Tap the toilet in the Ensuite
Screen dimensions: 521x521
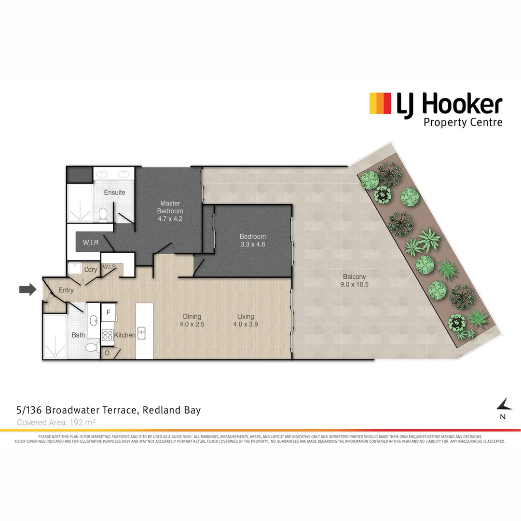pyautogui.click(x=103, y=214)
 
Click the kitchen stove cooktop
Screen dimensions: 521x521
pyautogui.click(x=108, y=335)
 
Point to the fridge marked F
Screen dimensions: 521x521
pyautogui.click(x=108, y=313)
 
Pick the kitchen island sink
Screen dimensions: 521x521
pyautogui.click(x=141, y=333)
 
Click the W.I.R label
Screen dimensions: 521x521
pyautogui.click(x=91, y=243)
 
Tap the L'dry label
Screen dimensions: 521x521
pyautogui.click(x=91, y=270)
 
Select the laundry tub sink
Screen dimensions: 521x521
pyautogui.click(x=75, y=269)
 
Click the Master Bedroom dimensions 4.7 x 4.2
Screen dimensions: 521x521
pyautogui.click(x=170, y=219)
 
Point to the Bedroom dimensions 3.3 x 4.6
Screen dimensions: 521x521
pyautogui.click(x=253, y=245)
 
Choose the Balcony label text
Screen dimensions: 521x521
pyautogui.click(x=354, y=277)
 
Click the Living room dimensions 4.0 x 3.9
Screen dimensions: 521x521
pyautogui.click(x=246, y=324)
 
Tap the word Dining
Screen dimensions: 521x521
pyautogui.click(x=192, y=316)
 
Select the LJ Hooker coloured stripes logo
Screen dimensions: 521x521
pyautogui.click(x=380, y=103)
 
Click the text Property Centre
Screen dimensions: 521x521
pyautogui.click(x=463, y=122)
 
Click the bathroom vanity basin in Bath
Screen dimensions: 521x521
pyautogui.click(x=93, y=319)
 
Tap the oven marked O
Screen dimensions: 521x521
pyautogui.click(x=107, y=353)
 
